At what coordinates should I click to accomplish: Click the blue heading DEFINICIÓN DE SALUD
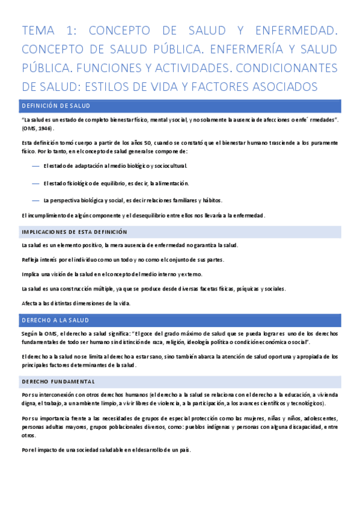pyautogui.click(x=55, y=106)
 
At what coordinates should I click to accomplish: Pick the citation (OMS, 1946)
pyautogui.click(x=38, y=129)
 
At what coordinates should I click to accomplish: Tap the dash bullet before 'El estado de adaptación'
pyautogui.click(x=35, y=166)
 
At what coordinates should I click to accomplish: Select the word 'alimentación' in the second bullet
pyautogui.click(x=169, y=183)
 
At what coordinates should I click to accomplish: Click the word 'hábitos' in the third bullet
pyautogui.click(x=212, y=200)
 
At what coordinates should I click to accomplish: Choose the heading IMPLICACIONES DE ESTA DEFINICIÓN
pyautogui.click(x=75, y=232)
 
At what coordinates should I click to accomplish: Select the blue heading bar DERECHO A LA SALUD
pyautogui.click(x=55, y=321)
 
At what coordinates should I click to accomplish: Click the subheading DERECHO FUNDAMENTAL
pyautogui.click(x=58, y=382)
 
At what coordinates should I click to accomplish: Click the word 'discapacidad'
pyautogui.click(x=298, y=426)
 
